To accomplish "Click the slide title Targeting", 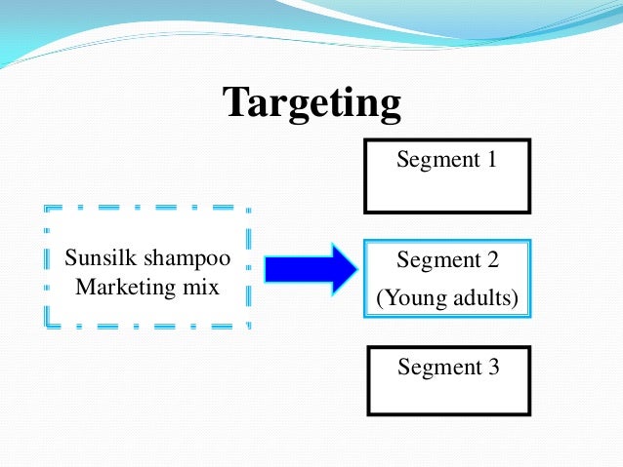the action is [x=311, y=102].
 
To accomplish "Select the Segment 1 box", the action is [x=447, y=175].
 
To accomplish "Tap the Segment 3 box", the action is [x=447, y=380].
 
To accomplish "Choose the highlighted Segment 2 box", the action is [x=447, y=278].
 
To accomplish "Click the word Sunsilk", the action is [x=97, y=259].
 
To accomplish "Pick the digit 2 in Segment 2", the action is [x=492, y=260].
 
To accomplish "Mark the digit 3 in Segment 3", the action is [x=492, y=368].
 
